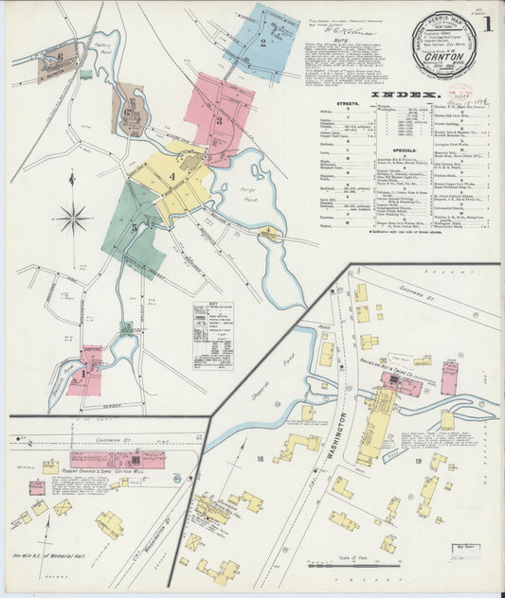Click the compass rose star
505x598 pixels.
73,219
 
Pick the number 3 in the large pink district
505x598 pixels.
218,120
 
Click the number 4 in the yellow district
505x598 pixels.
171,176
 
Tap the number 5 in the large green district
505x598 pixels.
135,227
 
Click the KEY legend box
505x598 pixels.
213,335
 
